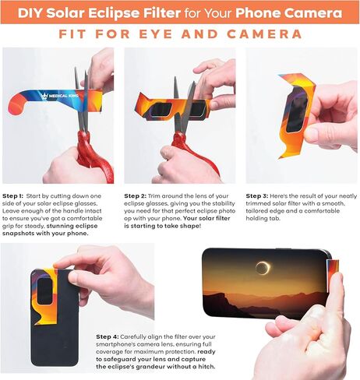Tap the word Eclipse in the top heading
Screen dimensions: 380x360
click(x=103, y=13)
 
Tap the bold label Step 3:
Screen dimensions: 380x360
click(x=260, y=195)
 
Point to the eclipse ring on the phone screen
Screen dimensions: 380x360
click(x=263, y=269)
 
